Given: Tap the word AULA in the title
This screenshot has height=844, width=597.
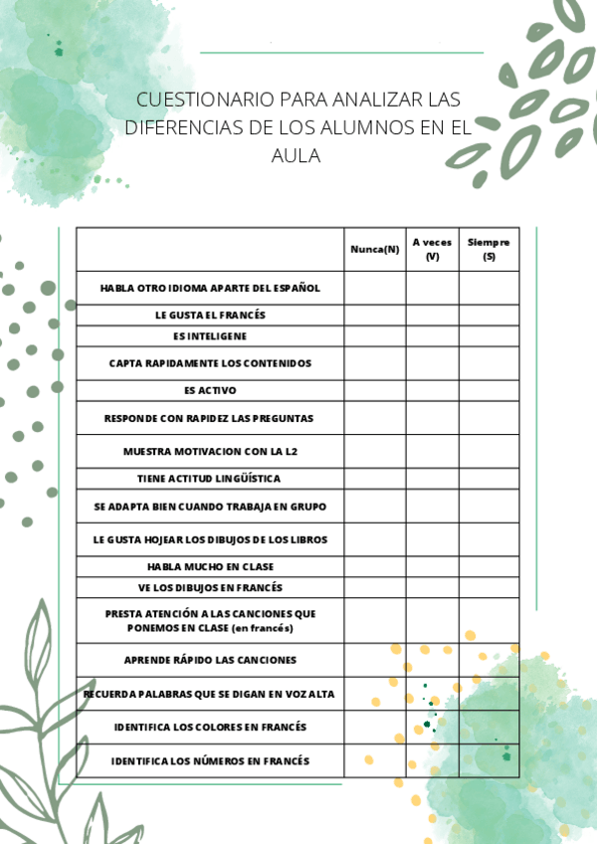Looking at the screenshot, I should [296, 156].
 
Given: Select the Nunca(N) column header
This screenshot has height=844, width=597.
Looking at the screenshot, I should [374, 249].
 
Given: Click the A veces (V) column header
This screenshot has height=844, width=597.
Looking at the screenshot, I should [432, 249].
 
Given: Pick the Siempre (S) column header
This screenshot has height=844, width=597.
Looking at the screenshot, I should [489, 249].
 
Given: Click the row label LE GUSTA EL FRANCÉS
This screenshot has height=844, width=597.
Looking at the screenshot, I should [210, 315].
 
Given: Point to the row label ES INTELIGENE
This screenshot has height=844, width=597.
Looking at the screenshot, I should [210, 336].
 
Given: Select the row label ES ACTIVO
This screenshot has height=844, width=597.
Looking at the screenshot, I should [210, 390].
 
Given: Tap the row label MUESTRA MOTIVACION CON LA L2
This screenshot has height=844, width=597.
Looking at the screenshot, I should [210, 451].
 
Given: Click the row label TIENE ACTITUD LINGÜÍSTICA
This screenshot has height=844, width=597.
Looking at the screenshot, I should [210, 478].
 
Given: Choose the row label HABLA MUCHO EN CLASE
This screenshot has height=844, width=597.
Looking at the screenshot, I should [210, 566].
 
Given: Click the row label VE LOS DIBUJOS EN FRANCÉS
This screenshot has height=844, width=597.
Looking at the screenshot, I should [210, 587].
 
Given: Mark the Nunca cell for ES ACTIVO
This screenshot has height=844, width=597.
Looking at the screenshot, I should [374, 390].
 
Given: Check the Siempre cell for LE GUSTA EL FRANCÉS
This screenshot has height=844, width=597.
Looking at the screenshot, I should [489, 315].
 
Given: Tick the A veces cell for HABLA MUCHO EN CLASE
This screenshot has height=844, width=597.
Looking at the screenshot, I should [432, 566].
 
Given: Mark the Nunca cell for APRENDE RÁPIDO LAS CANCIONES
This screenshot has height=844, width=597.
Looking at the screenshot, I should [374, 660].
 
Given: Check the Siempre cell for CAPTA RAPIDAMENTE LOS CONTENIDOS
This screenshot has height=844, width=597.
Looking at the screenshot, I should [489, 363].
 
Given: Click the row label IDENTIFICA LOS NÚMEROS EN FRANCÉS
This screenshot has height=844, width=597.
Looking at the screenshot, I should [210, 761].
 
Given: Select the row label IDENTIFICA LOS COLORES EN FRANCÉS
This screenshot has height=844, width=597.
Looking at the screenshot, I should [210, 727].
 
